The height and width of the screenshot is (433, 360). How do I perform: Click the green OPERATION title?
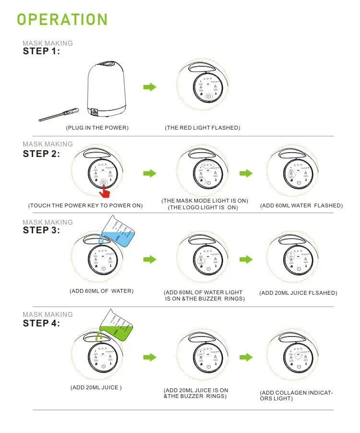coord(62,19)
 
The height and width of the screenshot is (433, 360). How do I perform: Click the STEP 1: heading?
coord(41,51)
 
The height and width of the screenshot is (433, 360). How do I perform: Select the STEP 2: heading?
coord(42,154)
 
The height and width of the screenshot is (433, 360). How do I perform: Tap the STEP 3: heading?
coord(42,230)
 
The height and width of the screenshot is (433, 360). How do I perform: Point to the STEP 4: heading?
coord(42,323)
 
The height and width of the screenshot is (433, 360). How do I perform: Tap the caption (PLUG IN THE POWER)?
coord(97,128)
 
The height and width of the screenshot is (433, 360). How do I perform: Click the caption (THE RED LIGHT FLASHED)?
coord(202,128)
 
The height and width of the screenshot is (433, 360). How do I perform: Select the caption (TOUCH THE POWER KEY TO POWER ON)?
coord(85,205)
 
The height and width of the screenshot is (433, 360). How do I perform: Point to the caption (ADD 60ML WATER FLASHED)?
coord(301,205)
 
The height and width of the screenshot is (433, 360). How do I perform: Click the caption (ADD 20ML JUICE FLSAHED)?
coord(298,293)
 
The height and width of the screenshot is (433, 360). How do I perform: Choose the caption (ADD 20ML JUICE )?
coord(96,387)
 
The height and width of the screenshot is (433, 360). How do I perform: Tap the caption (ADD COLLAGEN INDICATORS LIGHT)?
coord(296,396)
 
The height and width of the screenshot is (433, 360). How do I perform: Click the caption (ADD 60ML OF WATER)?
coord(101,291)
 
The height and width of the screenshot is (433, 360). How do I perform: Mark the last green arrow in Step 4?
coord(246,357)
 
